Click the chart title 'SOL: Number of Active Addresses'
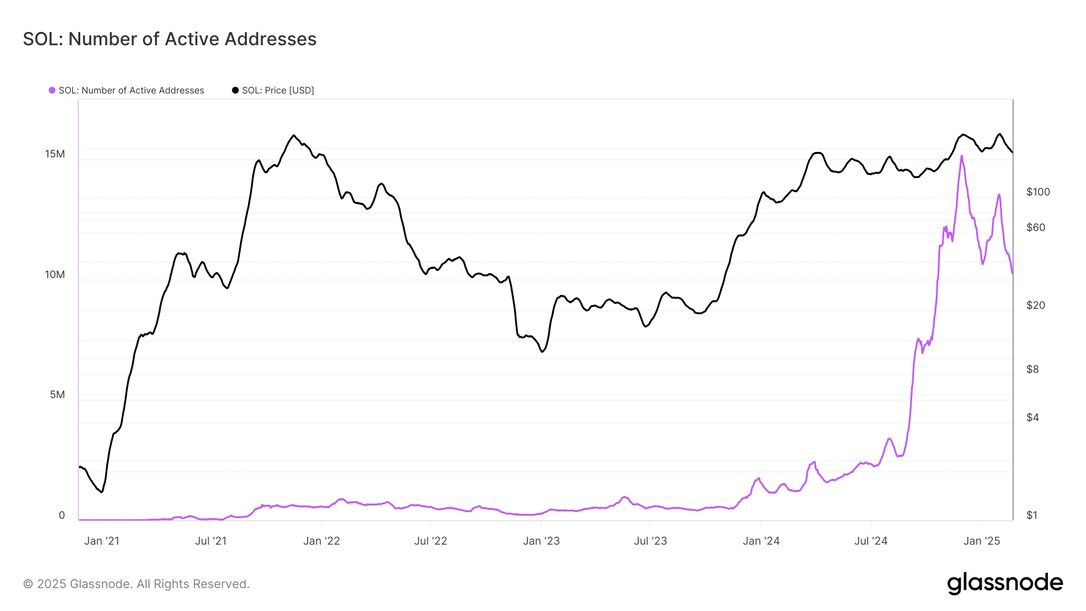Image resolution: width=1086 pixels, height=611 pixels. [170, 39]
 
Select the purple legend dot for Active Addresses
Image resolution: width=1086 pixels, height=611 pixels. [52, 90]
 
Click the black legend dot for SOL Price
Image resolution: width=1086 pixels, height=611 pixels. [235, 90]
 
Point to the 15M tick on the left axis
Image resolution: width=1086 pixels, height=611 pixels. [55, 154]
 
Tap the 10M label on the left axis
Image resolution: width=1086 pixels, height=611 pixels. [55, 274]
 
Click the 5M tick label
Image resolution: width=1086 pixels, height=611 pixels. [57, 394]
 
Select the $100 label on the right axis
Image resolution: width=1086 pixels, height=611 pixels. [1038, 192]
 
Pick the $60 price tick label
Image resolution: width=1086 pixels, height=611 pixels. [1035, 227]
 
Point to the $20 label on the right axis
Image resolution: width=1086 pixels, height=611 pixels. [1035, 305]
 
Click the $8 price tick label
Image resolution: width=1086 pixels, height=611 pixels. [1032, 369]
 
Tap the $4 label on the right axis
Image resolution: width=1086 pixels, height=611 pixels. [1032, 417]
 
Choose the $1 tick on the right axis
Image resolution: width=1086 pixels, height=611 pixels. [1032, 515]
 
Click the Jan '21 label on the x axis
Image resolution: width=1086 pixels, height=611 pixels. [102, 541]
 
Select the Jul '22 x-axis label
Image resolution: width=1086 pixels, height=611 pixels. [431, 541]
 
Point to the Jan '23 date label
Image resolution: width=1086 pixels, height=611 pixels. [541, 541]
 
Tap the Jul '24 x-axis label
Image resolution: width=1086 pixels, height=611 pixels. [871, 541]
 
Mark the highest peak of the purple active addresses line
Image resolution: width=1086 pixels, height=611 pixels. [962, 156]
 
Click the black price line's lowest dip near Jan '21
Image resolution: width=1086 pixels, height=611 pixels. [101, 492]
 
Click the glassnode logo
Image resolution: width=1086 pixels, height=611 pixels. [1005, 583]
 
